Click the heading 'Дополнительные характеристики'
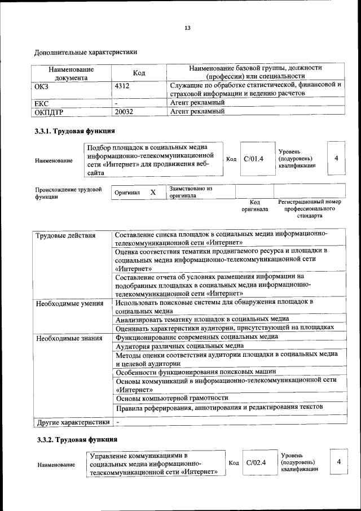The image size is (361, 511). point(86,53)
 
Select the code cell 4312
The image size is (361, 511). point(122,85)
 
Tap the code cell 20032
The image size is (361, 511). point(124,112)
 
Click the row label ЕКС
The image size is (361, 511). point(42,103)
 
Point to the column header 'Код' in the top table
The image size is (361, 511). point(139,73)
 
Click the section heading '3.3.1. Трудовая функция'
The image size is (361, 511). point(75,132)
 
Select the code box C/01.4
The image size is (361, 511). point(254,159)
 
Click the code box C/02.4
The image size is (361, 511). point(256,462)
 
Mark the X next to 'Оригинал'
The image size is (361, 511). point(153,193)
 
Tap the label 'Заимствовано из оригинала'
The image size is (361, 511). point(190,192)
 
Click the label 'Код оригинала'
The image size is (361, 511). point(254,206)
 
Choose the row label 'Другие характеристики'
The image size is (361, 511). point(73,422)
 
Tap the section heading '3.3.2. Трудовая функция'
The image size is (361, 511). point(76,439)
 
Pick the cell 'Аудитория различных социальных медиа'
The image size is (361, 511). point(179,346)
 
